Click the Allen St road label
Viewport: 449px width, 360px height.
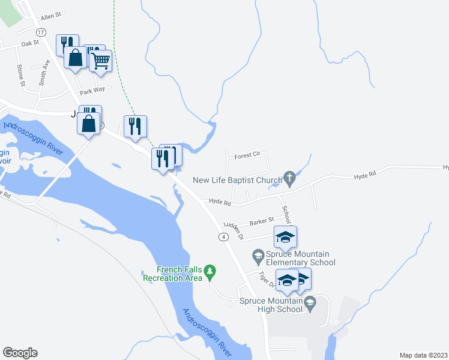52,16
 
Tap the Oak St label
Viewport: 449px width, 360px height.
30,43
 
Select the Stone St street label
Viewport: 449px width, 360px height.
21,76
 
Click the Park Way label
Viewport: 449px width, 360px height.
93,89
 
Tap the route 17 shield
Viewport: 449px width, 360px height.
40,31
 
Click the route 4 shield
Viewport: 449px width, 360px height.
223,237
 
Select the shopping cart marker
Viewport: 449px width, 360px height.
101,60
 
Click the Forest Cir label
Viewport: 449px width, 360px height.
247,155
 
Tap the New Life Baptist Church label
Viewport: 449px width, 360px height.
237,179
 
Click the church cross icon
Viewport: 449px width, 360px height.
290,178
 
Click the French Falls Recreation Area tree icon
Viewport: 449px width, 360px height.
209,272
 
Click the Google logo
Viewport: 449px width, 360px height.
20,353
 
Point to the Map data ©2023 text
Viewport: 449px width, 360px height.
423,355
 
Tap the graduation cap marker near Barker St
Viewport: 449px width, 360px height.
286,236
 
